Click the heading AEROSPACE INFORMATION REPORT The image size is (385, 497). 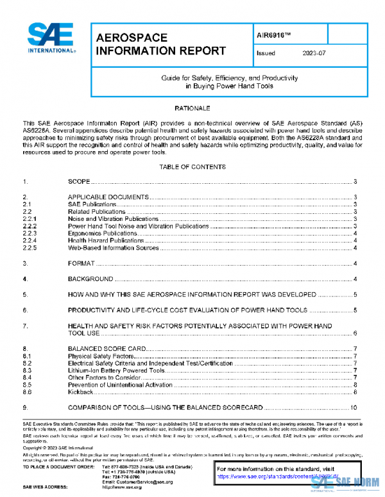point(160,44)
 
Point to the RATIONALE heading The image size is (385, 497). point(193,109)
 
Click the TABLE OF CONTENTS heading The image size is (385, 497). point(193,167)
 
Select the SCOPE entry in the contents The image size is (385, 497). point(79,182)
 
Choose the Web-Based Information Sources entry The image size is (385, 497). point(114,248)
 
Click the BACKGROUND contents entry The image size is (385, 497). point(90,279)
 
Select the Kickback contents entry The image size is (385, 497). point(81,392)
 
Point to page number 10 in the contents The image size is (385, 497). point(354,408)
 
